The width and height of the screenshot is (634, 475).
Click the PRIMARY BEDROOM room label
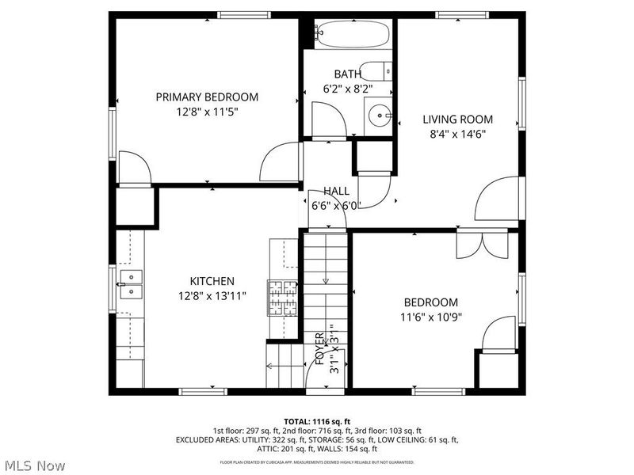coord(206,97)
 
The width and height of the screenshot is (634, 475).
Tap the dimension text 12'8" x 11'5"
coord(206,112)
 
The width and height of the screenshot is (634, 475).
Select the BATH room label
coord(347,74)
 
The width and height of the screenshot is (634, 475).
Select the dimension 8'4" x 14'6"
coord(457,134)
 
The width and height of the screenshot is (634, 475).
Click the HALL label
coord(336,191)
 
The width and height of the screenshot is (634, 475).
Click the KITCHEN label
coord(212,281)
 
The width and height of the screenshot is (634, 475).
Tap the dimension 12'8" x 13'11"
coord(212,296)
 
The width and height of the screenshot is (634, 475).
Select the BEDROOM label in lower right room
coord(430,302)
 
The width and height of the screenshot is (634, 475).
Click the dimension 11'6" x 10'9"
coord(430,317)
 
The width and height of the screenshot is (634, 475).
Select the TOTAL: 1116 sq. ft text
coord(317,421)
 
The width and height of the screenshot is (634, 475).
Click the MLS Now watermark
coord(34,465)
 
